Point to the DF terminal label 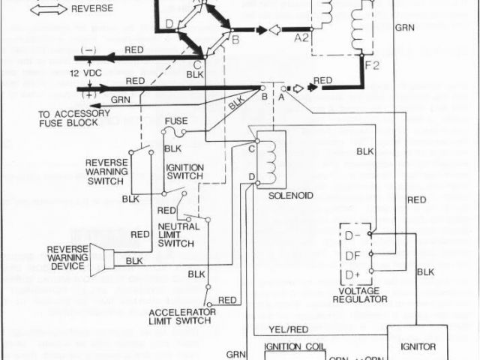[x=353, y=255]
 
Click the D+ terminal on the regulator [x=353, y=272]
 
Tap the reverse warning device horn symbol [x=102, y=258]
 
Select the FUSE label [x=176, y=120]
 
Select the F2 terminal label [x=373, y=65]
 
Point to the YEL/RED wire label [x=289, y=331]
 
